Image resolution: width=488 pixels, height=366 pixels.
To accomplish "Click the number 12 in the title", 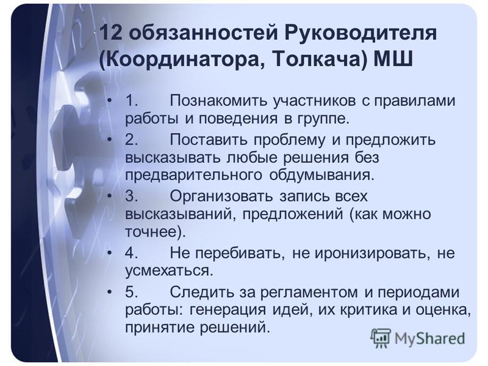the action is (111, 32).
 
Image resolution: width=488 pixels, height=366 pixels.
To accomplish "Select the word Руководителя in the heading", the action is (361, 33).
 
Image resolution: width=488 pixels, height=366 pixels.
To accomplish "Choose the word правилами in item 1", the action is (414, 101).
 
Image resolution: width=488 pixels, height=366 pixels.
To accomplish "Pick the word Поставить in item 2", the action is (209, 140).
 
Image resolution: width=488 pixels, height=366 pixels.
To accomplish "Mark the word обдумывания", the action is (321, 175).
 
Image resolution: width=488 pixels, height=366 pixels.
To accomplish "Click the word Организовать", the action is (221, 196).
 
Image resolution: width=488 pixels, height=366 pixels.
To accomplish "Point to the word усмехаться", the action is (169, 271).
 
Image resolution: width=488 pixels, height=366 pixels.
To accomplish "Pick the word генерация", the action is (228, 310).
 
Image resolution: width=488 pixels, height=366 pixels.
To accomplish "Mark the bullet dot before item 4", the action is (109, 253).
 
